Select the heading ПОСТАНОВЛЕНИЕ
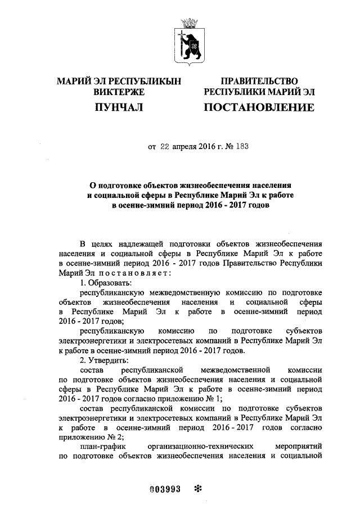click(258, 106)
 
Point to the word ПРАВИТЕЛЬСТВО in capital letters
click(259, 81)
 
